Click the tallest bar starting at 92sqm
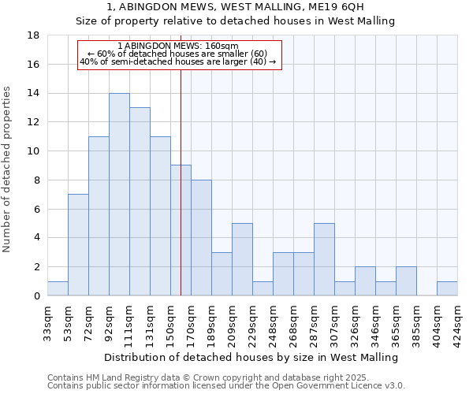119,195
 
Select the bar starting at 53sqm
78,245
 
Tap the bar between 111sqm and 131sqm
140,202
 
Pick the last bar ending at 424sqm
447,288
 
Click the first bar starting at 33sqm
58,288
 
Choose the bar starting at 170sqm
201,238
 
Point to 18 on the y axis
33,35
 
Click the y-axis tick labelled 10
33,151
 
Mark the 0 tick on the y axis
36,296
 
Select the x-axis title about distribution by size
251,357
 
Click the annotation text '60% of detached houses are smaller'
181,54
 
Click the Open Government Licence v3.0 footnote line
226,385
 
